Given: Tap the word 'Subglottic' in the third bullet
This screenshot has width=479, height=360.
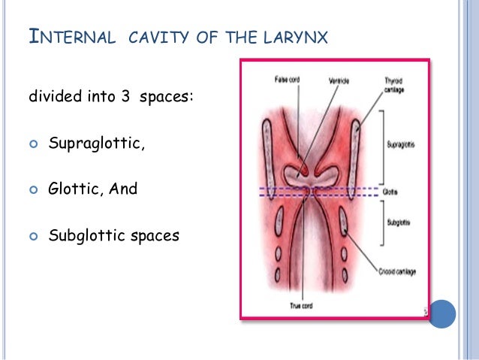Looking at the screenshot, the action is pyautogui.click(x=84, y=235).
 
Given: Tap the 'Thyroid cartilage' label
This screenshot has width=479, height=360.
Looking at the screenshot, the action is pyautogui.click(x=394, y=83).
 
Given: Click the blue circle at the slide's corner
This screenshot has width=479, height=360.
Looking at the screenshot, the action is pyautogui.click(x=441, y=314).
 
